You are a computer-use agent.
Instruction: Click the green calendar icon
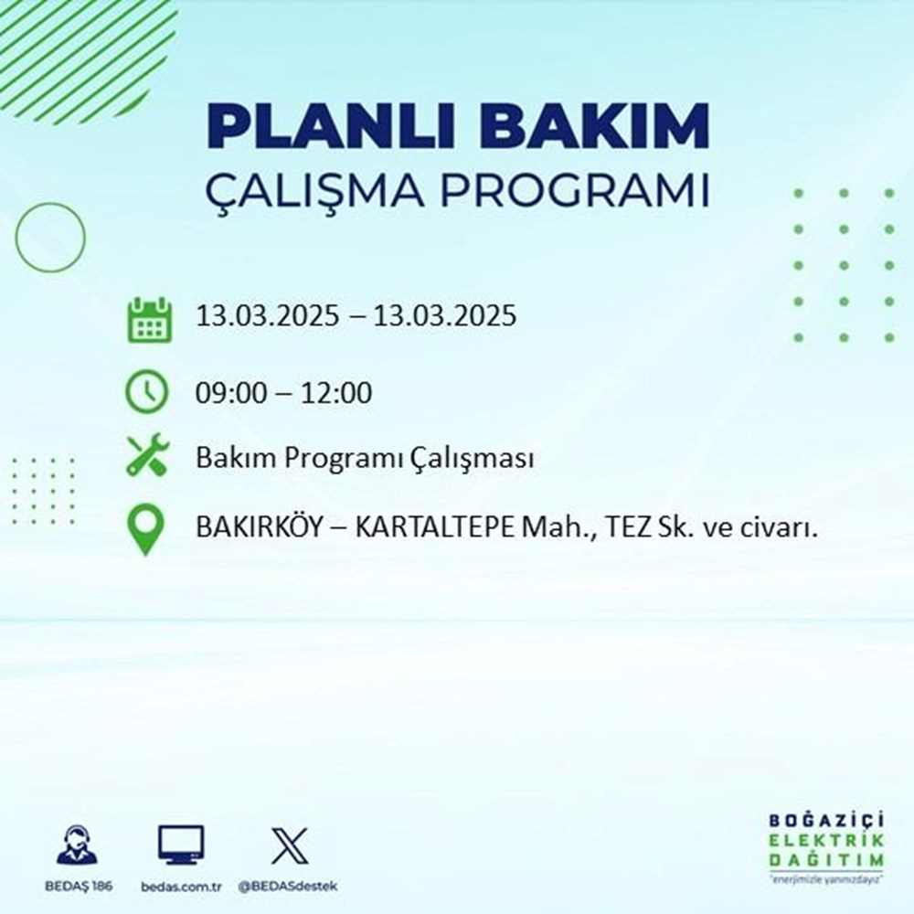147,319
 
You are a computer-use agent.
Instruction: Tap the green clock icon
147,393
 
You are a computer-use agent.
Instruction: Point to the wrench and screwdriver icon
147,455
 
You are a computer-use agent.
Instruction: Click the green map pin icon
147,530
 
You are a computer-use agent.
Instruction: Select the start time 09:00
226,394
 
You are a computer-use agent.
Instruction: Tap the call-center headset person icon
78,845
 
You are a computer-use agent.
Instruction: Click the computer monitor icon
180,845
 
